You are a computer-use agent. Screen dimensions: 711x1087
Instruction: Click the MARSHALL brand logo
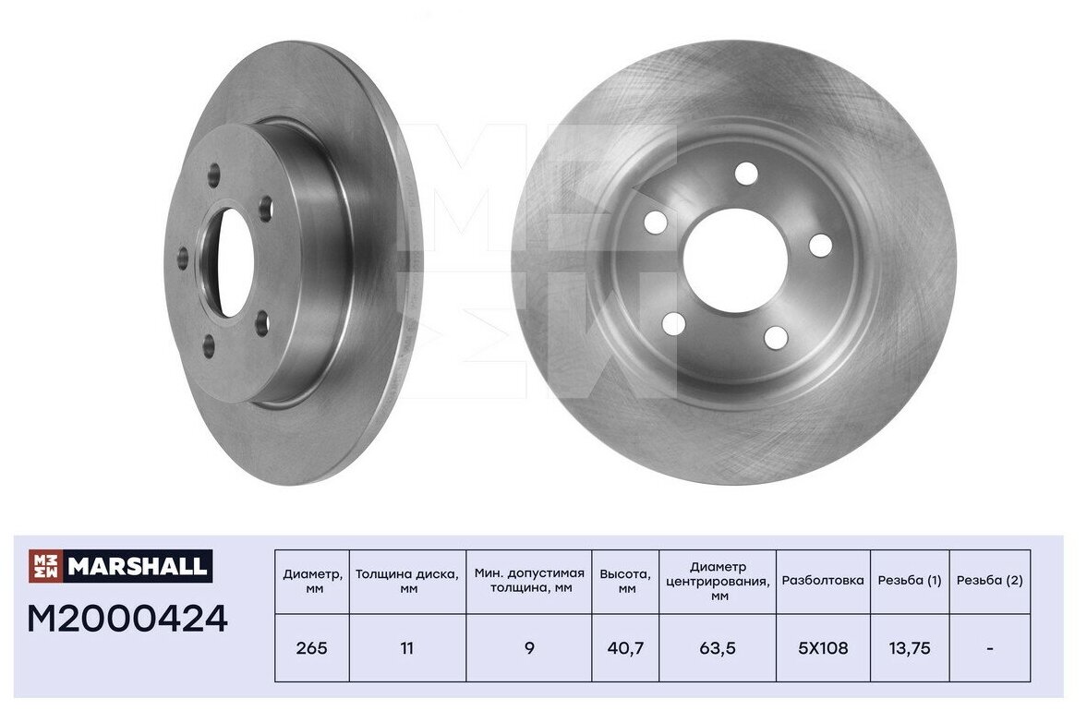pos(120,566)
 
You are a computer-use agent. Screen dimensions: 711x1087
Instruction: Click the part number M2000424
pos(127,619)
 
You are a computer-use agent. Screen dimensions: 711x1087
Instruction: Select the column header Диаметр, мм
pos(312,581)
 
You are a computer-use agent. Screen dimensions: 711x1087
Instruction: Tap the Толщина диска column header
pos(407,581)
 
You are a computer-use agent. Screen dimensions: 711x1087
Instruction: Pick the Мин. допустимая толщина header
pos(529,581)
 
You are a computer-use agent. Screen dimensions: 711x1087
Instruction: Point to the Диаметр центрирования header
pos(718,581)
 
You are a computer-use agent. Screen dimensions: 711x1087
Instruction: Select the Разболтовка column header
pos(823,581)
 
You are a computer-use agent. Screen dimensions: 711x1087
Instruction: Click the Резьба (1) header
pos(910,581)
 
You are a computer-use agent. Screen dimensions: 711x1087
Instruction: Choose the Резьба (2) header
pos(990,581)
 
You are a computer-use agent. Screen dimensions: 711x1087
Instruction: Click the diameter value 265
pos(312,648)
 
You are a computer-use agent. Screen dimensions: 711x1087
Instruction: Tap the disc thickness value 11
pos(407,648)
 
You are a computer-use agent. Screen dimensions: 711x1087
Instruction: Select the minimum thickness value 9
pos(529,648)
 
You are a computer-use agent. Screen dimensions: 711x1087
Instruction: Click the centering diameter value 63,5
pos(718,648)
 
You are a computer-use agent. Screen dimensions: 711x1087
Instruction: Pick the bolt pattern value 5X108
pos(823,648)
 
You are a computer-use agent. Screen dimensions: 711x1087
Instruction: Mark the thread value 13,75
pos(910,648)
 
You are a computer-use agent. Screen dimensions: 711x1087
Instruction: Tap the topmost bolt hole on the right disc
pos(746,174)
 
